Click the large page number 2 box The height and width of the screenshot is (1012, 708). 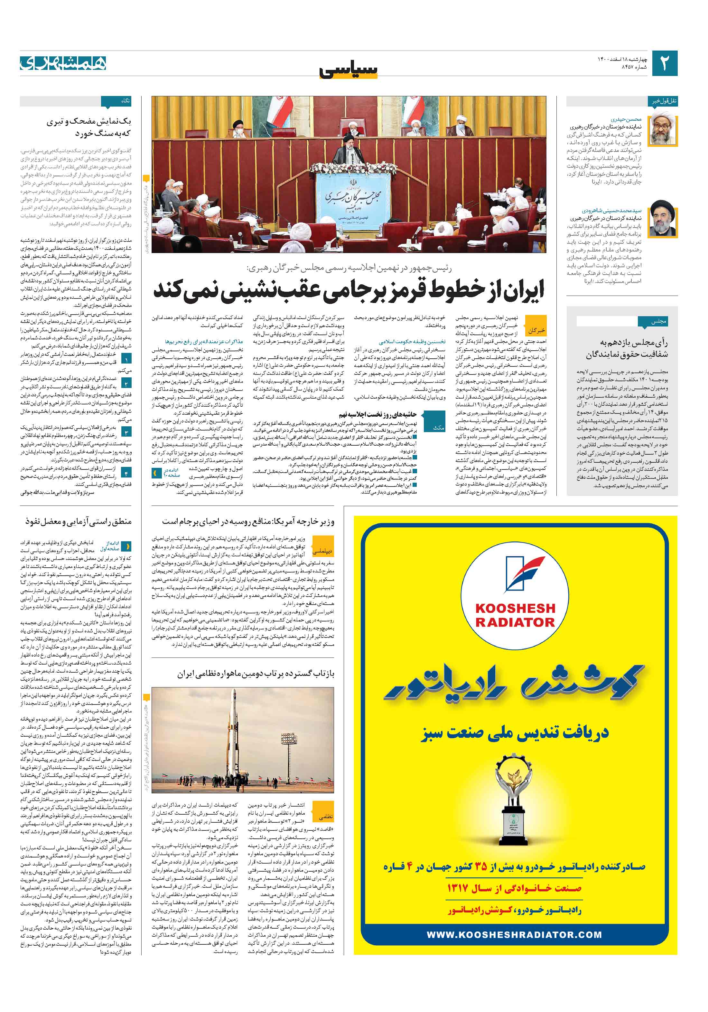664,63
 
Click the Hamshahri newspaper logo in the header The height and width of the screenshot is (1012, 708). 63,63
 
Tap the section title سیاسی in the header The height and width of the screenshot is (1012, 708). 349,70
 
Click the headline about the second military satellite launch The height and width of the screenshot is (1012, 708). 256,674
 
